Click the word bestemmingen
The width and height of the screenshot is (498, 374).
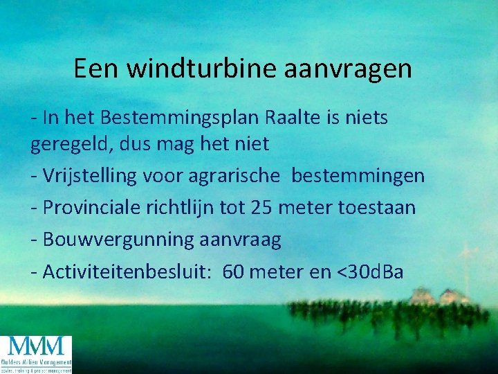tap(358, 176)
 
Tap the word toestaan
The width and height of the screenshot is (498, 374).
tap(377, 208)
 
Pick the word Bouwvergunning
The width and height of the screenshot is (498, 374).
tap(118, 240)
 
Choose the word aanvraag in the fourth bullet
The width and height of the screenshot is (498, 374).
tap(240, 240)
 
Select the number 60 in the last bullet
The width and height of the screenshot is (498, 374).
tap(234, 271)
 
